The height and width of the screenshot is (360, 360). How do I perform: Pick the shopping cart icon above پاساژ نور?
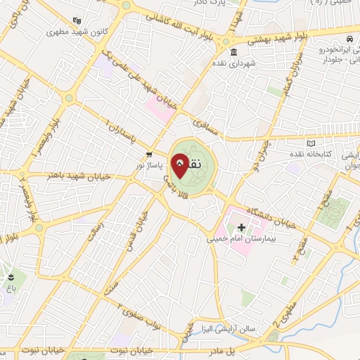coord(148,153)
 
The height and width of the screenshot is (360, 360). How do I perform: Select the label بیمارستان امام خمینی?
coord(242,239)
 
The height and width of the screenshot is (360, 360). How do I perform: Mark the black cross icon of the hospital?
coord(242,227)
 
